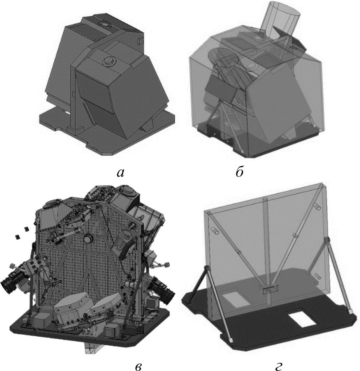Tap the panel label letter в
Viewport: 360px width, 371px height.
139,367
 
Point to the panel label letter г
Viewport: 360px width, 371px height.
279,367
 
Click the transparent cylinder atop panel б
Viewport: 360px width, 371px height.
281,20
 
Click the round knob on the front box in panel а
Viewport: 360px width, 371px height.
109,61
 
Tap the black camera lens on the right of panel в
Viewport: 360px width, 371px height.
164,290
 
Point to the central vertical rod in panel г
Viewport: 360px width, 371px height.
268,251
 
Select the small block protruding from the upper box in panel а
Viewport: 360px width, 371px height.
140,40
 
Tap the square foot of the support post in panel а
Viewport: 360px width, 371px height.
76,130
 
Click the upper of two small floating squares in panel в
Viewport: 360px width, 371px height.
26,229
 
